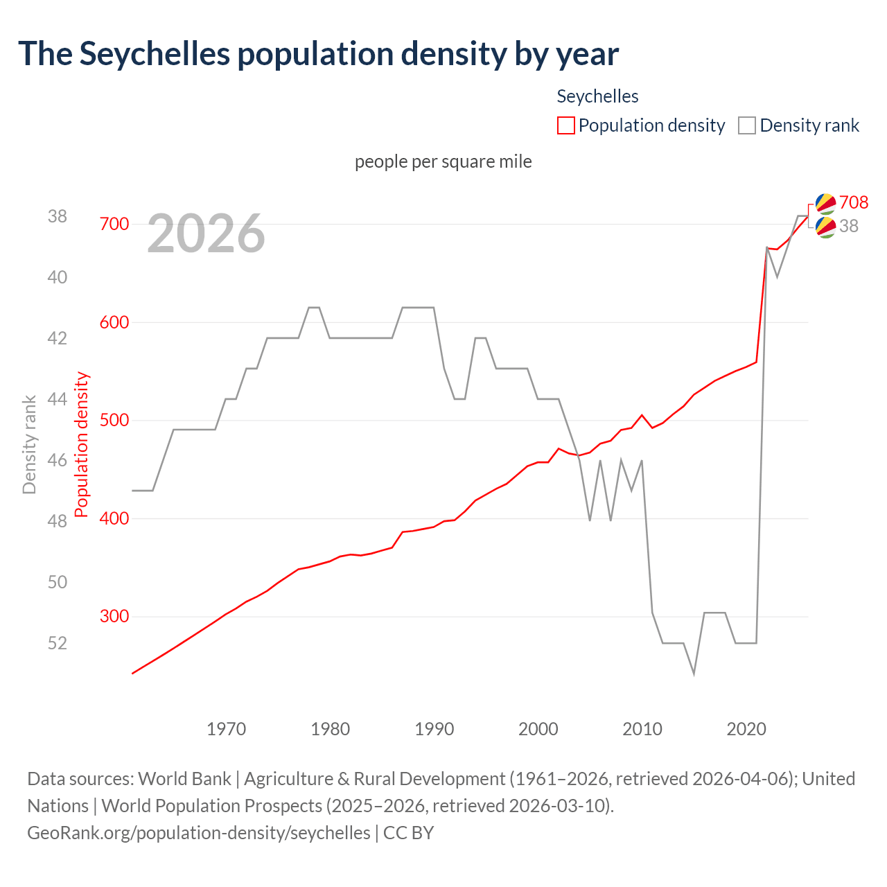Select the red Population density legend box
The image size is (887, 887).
(566, 125)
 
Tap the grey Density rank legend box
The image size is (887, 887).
(746, 125)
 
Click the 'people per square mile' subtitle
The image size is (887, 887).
(443, 161)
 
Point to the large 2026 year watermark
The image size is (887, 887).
(206, 234)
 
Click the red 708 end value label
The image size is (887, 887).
(853, 202)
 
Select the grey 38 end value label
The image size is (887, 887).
(848, 226)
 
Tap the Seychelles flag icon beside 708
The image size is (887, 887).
(825, 203)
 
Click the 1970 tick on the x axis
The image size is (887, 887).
(227, 729)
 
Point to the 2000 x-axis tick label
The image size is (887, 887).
(538, 729)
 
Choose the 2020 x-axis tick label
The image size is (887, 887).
(746, 729)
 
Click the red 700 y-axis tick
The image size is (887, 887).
(114, 224)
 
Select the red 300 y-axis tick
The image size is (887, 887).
(114, 616)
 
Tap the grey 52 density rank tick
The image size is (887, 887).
(58, 643)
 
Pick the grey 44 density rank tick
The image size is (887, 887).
(58, 399)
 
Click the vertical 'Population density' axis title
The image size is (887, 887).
(82, 444)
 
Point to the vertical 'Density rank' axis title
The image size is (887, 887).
(29, 444)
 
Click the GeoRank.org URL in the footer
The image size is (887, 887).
(199, 832)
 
